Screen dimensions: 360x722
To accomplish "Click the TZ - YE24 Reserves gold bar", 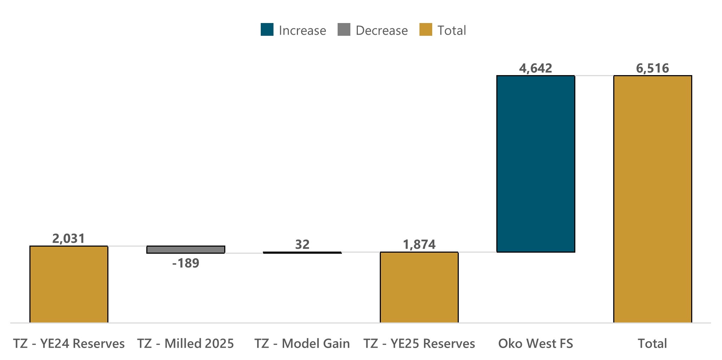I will click(69, 284).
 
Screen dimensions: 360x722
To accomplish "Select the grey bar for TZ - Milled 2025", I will click(186, 249).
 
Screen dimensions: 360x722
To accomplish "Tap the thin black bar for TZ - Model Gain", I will click(302, 253).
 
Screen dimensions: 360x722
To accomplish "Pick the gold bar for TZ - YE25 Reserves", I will click(419, 287).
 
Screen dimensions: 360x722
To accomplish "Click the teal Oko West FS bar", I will click(536, 164).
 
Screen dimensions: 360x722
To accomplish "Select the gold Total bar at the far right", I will click(653, 199).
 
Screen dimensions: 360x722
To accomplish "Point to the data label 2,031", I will click(69, 238).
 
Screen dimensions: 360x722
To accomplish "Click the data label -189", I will click(186, 263).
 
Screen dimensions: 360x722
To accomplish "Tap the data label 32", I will click(302, 244).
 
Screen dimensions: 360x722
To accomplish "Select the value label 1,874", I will click(419, 244).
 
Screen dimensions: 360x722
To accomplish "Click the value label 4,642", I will click(536, 68).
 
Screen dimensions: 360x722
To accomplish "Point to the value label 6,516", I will click(653, 68).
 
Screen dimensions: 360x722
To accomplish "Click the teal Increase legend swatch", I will click(267, 30).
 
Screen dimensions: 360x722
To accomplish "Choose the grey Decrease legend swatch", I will click(344, 30).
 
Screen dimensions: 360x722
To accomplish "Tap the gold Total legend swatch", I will click(425, 30).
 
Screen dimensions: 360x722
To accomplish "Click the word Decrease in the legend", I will click(382, 30).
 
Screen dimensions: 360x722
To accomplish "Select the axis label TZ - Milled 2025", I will click(186, 343).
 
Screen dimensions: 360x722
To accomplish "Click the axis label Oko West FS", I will click(536, 343).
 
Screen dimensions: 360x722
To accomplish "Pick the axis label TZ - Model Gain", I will click(302, 343).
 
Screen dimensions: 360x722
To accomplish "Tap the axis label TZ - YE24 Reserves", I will click(69, 343).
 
